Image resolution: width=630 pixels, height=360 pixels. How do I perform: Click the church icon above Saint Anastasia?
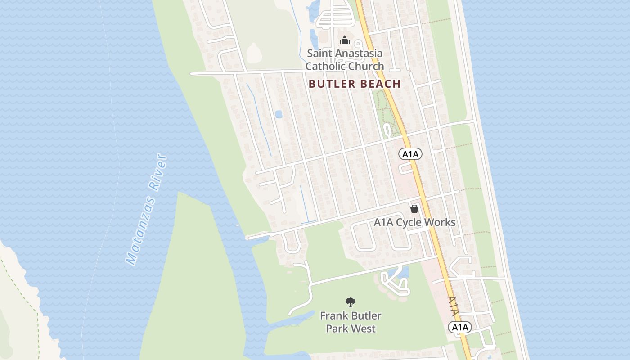345,40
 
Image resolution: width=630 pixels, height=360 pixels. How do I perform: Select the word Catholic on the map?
326,66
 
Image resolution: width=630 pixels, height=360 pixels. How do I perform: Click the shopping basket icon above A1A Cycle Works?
414,209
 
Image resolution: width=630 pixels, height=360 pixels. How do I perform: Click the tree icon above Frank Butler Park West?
351,302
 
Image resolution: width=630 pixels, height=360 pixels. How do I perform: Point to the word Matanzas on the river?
141,230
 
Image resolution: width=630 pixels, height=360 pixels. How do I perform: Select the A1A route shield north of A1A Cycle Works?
410,154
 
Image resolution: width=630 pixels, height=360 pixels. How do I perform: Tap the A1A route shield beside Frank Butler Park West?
459,327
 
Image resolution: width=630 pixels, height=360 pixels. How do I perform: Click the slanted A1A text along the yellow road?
454,306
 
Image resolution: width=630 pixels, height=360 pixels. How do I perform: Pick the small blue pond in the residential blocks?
279,114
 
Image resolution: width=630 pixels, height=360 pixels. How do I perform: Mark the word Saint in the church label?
319,53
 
